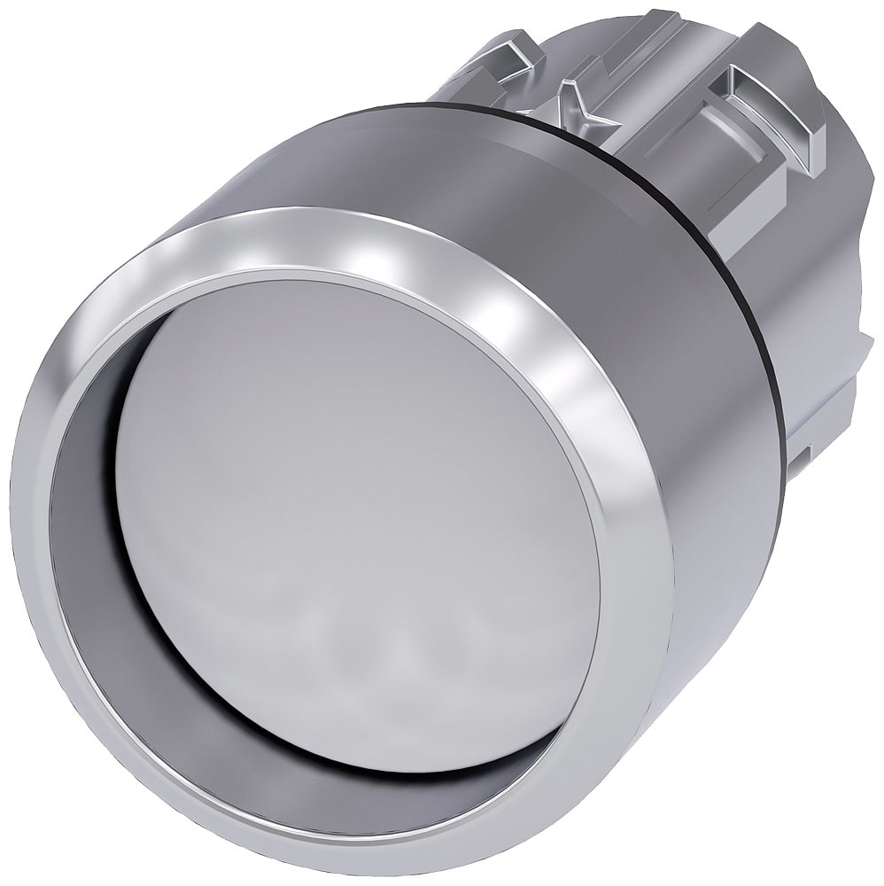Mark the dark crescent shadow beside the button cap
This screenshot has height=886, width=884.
(x=89, y=532)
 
